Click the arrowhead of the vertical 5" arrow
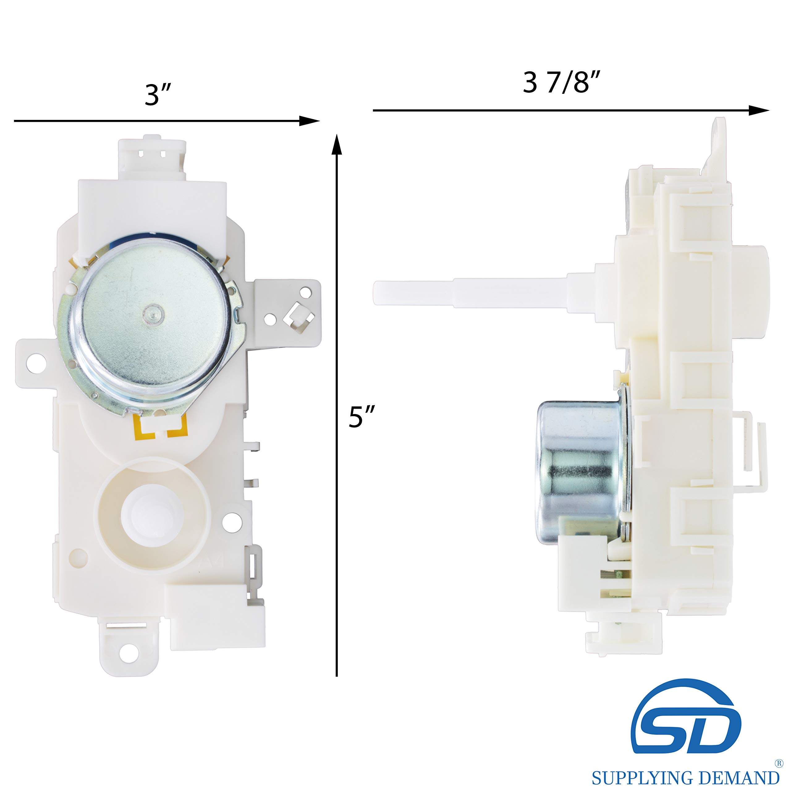[x=336, y=144]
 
